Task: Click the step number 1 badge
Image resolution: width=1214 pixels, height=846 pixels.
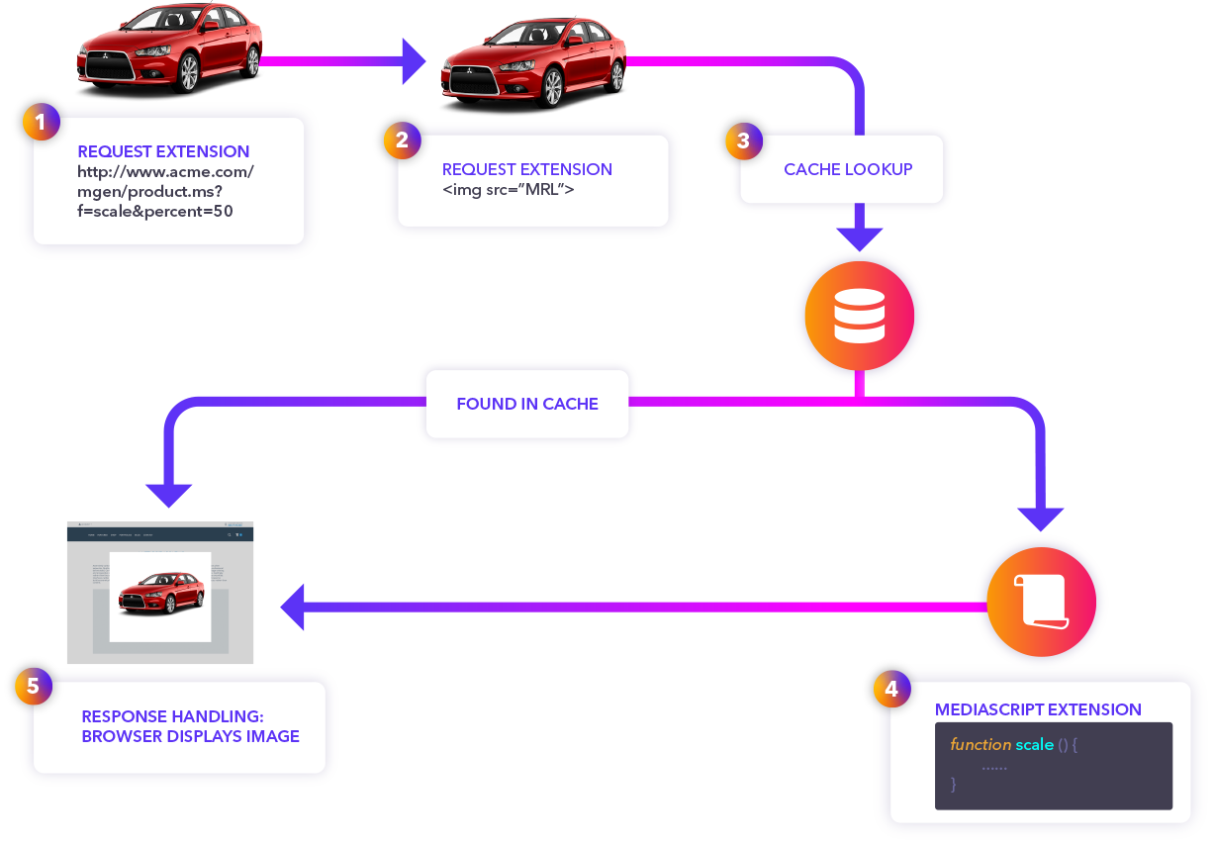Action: [41, 123]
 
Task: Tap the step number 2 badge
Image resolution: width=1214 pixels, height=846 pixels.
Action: [402, 141]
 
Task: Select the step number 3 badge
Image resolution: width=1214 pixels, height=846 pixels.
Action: [743, 141]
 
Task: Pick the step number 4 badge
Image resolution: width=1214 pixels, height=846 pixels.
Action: [891, 689]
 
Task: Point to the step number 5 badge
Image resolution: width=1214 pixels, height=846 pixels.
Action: [34, 686]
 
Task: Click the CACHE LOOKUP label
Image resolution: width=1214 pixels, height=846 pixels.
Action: [848, 169]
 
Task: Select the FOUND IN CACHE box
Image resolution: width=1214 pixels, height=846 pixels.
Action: [527, 404]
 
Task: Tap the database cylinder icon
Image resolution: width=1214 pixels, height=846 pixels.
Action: [859, 317]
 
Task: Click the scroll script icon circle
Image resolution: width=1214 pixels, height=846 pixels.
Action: [1041, 602]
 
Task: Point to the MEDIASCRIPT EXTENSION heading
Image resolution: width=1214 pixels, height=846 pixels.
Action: [1038, 709]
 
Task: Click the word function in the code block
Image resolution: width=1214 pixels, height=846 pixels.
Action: [981, 744]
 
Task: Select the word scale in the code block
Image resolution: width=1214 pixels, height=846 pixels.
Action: [1035, 744]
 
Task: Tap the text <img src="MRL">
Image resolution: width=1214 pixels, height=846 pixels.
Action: [509, 189]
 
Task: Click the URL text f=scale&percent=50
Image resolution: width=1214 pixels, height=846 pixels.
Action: [155, 211]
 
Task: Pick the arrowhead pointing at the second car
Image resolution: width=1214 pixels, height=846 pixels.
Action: [413, 61]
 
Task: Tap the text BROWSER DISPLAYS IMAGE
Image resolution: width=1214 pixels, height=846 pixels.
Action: [190, 736]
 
